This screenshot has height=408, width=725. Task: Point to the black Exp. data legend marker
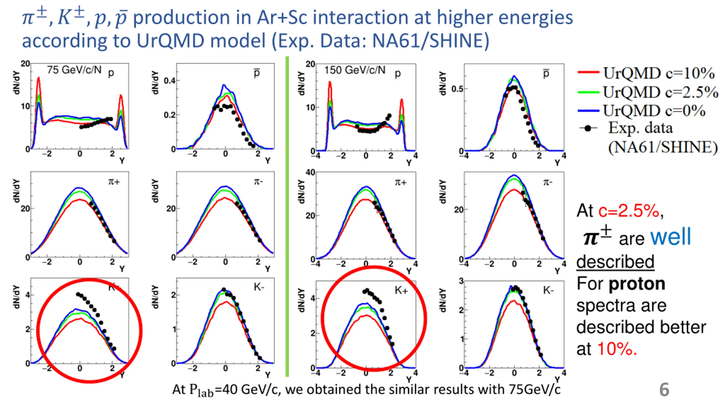click(x=588, y=128)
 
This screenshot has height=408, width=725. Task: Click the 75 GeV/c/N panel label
click(x=74, y=70)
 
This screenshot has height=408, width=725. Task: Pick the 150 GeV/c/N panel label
click(x=355, y=70)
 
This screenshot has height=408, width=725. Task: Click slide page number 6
click(x=664, y=390)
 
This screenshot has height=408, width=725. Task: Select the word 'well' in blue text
click(x=670, y=237)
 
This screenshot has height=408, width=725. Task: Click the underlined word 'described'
click(x=615, y=261)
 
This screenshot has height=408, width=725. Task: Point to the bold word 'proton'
click(x=637, y=284)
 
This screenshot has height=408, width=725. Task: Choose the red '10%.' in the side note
click(x=617, y=348)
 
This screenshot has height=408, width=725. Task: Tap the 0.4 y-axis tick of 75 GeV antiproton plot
click(x=170, y=81)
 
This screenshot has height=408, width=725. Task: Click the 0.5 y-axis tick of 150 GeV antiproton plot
click(x=457, y=89)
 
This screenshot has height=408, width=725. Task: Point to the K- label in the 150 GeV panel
click(x=548, y=290)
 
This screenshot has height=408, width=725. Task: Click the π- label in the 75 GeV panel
click(x=258, y=182)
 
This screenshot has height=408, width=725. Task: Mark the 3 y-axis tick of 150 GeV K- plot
click(x=461, y=281)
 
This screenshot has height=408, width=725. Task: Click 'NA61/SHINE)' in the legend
click(x=663, y=147)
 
